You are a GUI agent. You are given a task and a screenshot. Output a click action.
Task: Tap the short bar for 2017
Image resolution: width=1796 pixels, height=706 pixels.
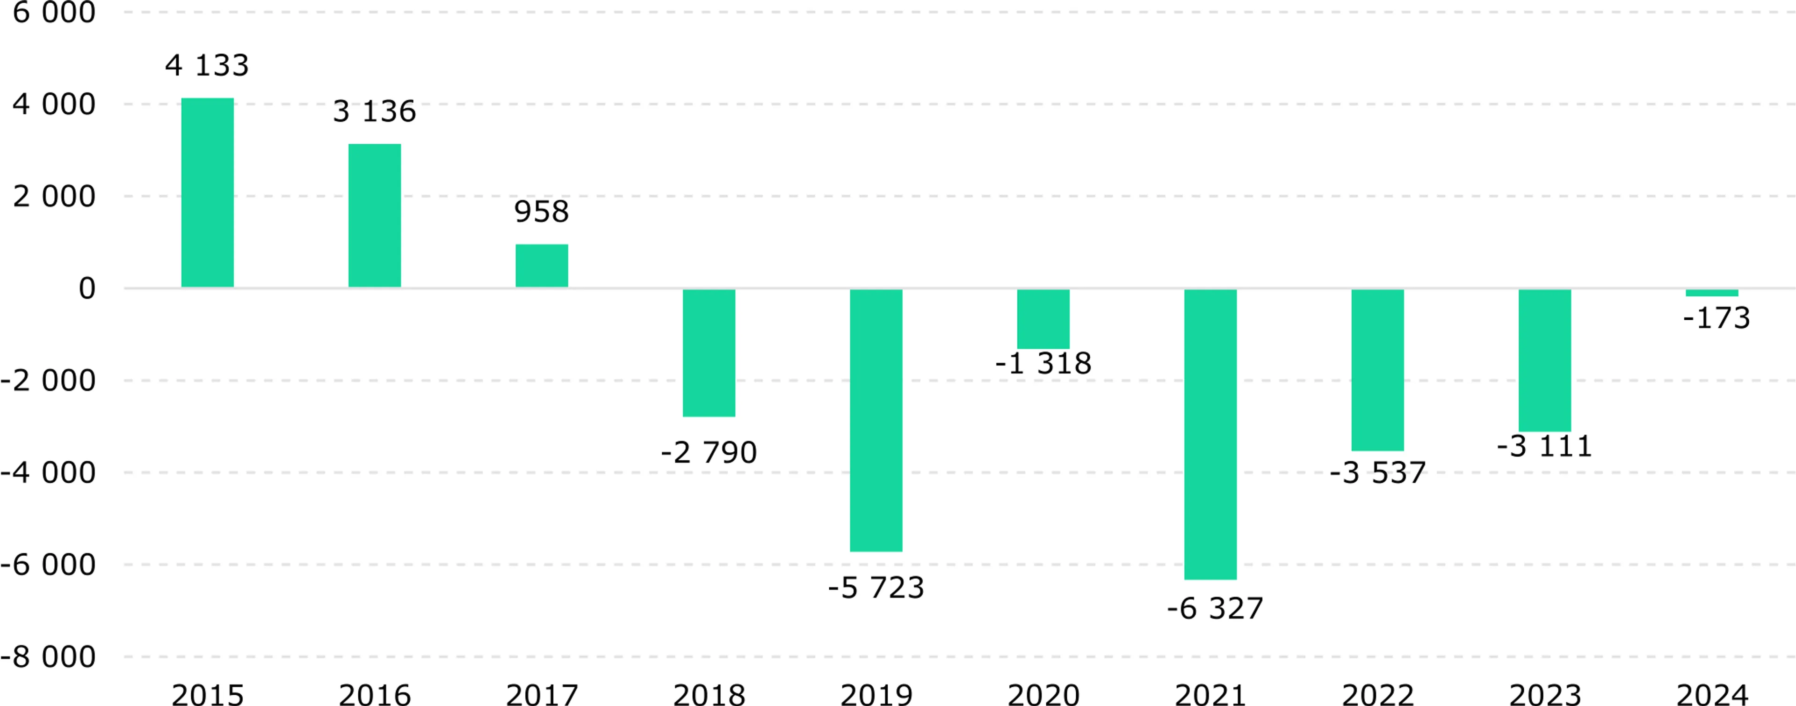tap(542, 266)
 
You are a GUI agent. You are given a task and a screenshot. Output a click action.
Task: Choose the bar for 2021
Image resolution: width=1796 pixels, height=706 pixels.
tap(1210, 434)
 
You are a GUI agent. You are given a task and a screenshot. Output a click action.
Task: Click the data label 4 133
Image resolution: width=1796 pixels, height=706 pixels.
tap(207, 66)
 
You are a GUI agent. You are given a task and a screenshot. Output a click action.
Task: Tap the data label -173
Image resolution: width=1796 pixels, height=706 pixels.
tap(1716, 318)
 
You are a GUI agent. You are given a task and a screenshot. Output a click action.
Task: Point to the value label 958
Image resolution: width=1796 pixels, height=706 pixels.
tap(542, 212)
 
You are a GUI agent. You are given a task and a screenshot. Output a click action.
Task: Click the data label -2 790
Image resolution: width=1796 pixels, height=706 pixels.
tap(709, 453)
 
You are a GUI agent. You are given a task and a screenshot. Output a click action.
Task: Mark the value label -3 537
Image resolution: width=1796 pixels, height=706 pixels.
tap(1378, 473)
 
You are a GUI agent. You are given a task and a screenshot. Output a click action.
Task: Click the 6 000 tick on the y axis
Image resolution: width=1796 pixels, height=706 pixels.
tap(54, 13)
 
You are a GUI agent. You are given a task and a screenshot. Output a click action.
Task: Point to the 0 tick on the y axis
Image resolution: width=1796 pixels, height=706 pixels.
tap(87, 288)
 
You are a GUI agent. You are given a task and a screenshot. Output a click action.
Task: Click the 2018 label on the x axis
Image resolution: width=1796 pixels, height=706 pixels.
tap(709, 695)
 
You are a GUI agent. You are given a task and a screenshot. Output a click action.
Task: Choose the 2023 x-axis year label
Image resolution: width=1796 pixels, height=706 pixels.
tap(1545, 695)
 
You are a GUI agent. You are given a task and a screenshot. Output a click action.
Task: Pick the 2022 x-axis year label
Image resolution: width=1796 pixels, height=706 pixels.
tap(1378, 695)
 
